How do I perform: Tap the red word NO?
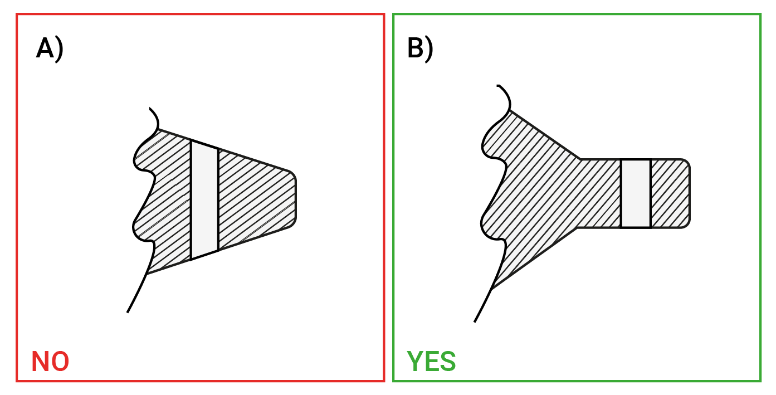coord(50,362)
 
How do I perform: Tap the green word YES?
coord(431,362)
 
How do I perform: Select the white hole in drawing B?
coord(636,193)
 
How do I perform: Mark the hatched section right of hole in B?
coord(670,193)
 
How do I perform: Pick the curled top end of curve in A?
coord(150,109)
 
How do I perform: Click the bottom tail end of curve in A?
coord(128,311)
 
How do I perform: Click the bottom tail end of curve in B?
coord(475,321)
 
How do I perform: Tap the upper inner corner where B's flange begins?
coord(580,159)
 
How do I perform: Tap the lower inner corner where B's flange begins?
coord(577,227)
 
